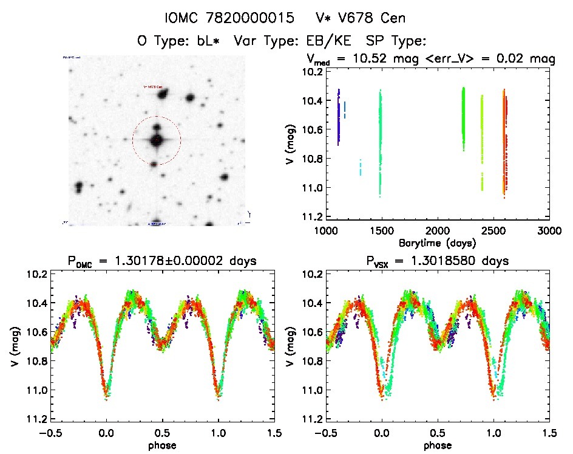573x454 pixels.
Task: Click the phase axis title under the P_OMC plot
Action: tap(162, 445)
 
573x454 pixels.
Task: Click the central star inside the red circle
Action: tap(157, 140)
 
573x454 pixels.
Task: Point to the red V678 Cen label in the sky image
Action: tap(153, 87)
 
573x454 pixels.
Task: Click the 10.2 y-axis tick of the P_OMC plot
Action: tap(34, 274)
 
